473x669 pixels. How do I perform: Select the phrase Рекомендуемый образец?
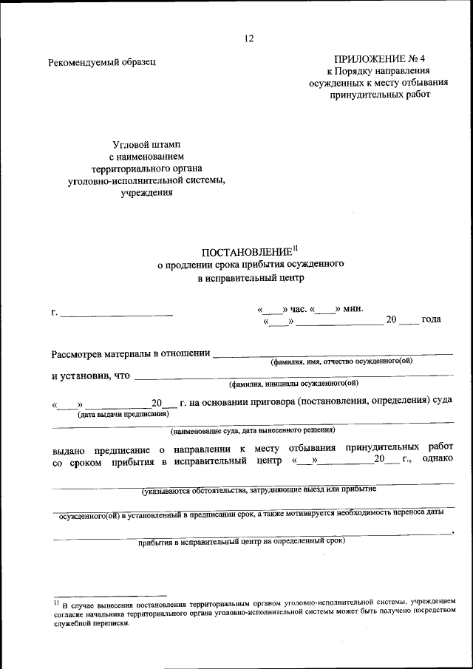point(102,62)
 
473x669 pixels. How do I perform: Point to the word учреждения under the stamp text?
point(146,193)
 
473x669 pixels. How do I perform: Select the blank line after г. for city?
point(117,316)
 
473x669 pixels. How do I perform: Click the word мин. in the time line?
point(353,309)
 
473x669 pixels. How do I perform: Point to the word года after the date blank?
point(432,319)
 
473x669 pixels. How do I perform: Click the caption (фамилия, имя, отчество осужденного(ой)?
point(341,361)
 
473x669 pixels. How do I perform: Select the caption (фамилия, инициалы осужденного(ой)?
point(293,384)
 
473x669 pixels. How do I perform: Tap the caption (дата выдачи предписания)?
point(118,414)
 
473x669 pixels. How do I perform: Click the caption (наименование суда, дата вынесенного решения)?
point(252,429)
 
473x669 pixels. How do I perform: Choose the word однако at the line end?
point(438,460)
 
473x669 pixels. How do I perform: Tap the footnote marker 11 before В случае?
point(55,602)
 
